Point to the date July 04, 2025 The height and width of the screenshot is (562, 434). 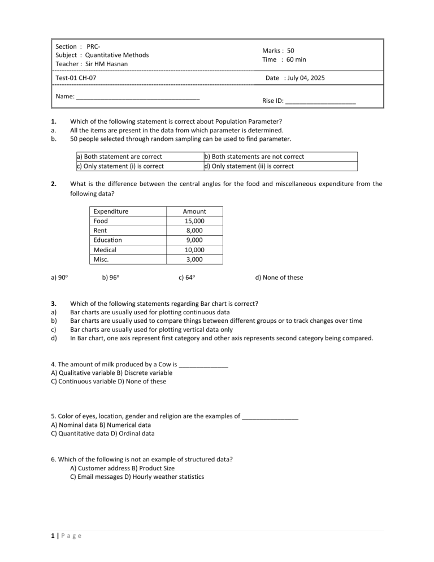pos(304,78)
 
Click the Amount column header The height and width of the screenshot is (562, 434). pos(195,211)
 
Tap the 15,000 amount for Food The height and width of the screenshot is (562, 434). pos(195,221)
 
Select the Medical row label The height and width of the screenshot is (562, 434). pos(105,250)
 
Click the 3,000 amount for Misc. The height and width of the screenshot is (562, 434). pos(195,260)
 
